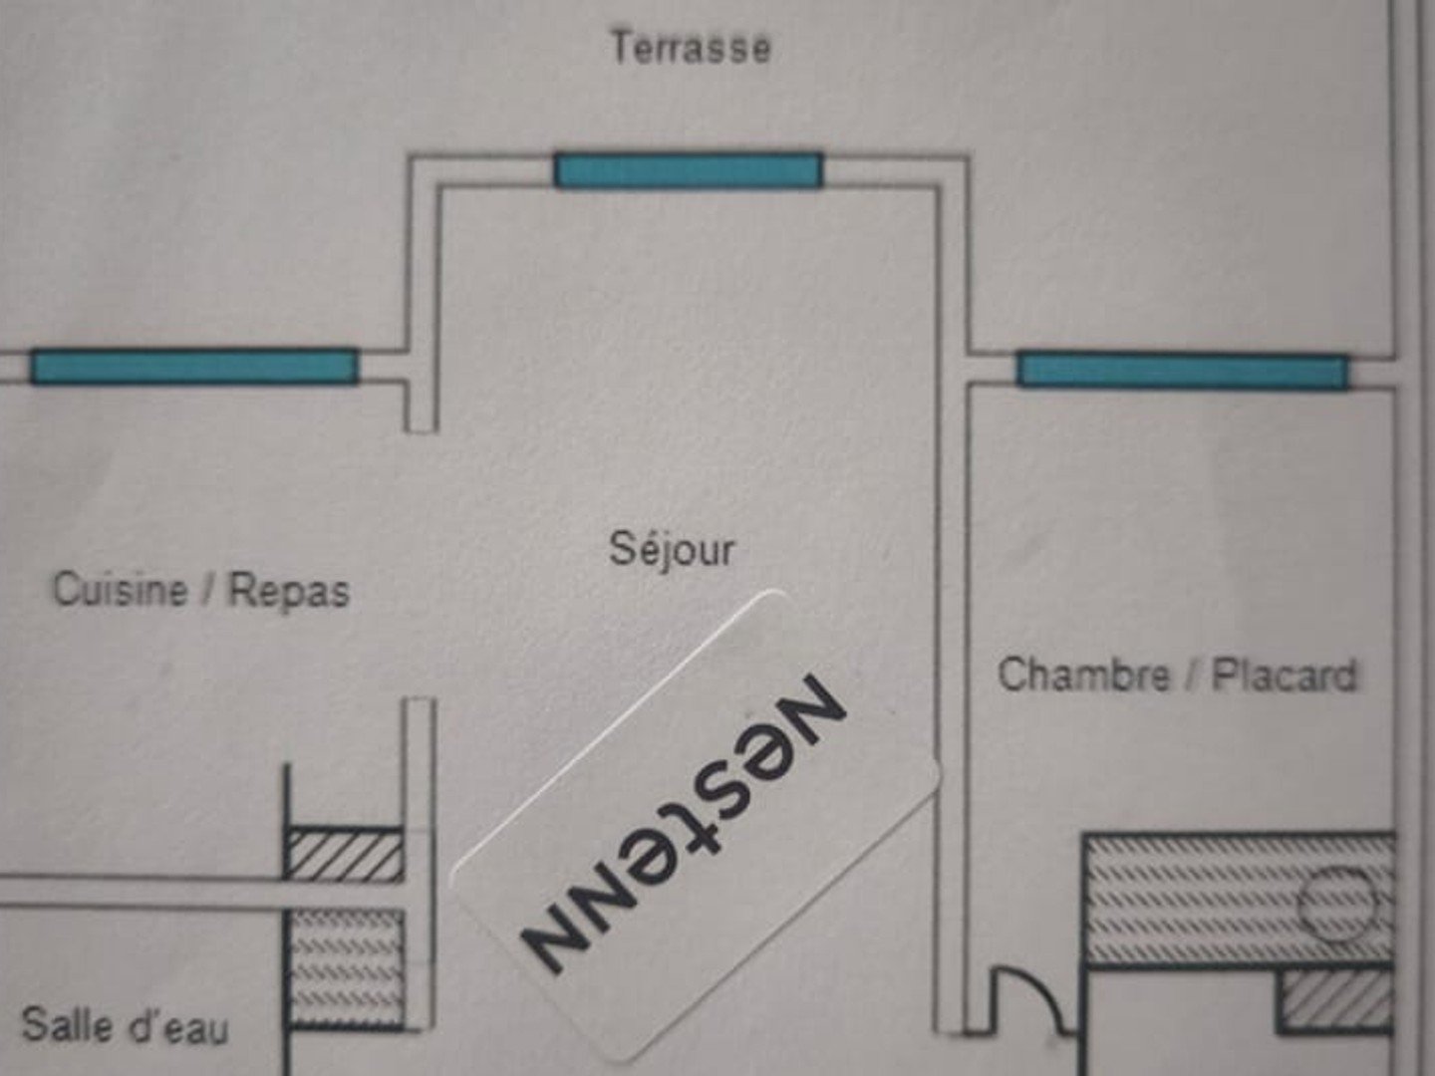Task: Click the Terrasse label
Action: [x=691, y=48]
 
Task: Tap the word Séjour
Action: [x=672, y=550]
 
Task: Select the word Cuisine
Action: [x=121, y=589]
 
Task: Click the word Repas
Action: [x=288, y=591]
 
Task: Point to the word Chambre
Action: [x=1084, y=674]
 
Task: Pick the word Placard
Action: [x=1284, y=674]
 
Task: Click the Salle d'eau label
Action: [x=125, y=1026]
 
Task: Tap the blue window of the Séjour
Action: [x=689, y=171]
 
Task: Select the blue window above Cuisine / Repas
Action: [x=194, y=367]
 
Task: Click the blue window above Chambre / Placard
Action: [x=1182, y=371]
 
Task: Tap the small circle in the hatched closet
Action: [x=1336, y=906]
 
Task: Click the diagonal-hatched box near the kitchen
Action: [x=345, y=855]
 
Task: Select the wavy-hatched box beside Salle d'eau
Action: [x=345, y=968]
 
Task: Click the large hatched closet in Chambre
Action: [x=1239, y=900]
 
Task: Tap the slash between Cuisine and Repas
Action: [x=208, y=591]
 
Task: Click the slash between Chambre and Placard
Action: [x=1191, y=674]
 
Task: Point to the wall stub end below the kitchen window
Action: [x=422, y=430]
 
